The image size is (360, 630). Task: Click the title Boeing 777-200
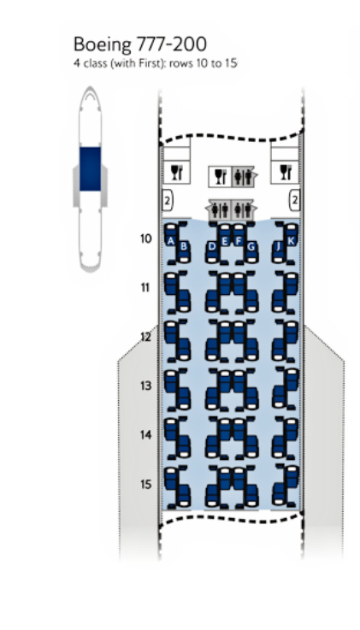(140, 44)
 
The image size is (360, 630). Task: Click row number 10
(146, 238)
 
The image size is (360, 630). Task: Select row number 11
(145, 288)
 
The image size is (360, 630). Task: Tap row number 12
(145, 337)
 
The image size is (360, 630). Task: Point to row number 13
(146, 386)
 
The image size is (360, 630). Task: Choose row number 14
(146, 435)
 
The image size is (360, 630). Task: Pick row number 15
(146, 484)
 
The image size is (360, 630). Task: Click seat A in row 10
(171, 240)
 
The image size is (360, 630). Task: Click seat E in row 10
(225, 240)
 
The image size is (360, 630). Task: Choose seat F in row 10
(239, 240)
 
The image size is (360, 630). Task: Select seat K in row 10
(292, 240)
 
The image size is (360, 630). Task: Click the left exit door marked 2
(167, 201)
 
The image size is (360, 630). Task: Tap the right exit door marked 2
(294, 201)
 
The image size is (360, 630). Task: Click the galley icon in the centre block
(220, 177)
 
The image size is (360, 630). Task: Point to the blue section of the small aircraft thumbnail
(90, 168)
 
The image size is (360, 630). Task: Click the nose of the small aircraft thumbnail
(90, 93)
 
